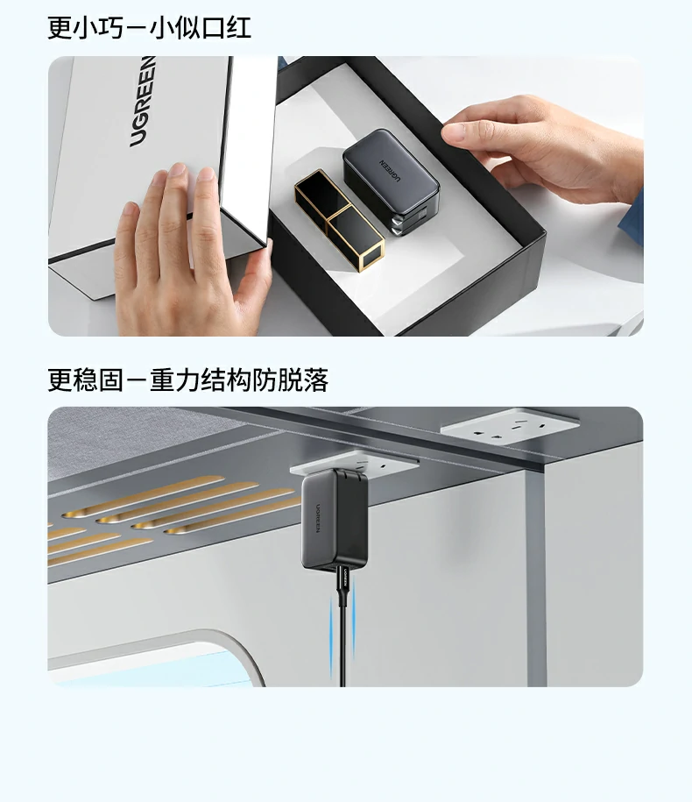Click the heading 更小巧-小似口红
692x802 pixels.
coord(149,27)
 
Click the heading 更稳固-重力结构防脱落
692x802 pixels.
coord(187,380)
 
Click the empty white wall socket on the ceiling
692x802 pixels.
coord(510,426)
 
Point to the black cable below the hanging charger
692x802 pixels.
coord(342,649)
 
